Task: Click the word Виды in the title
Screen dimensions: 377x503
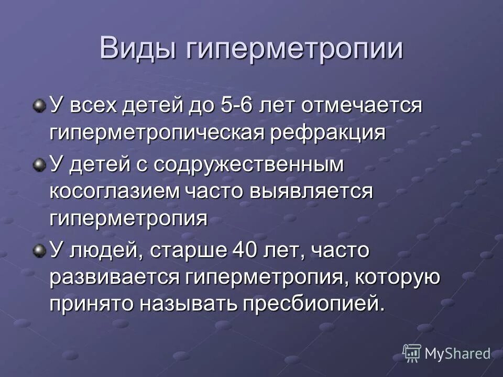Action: [137, 49]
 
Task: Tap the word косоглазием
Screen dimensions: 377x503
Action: [113, 191]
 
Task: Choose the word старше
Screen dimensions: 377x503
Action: [186, 250]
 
